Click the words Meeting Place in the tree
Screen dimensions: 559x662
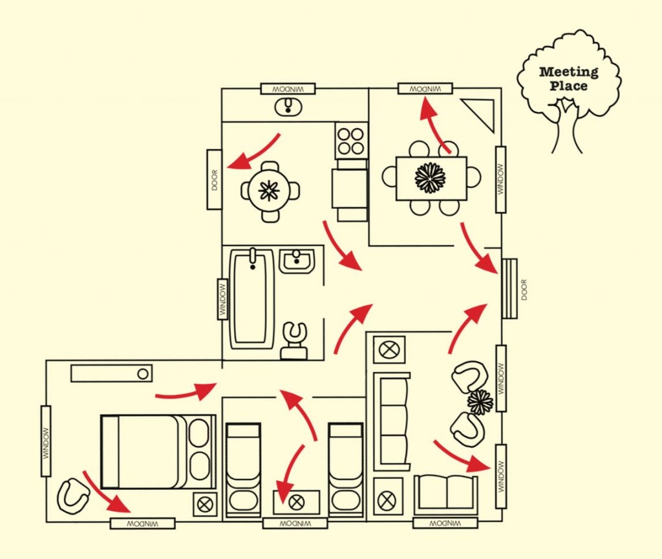[x=568, y=78]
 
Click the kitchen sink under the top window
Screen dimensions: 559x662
[x=288, y=107]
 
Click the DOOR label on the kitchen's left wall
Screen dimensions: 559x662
[x=215, y=180]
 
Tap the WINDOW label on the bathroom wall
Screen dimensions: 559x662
[x=222, y=299]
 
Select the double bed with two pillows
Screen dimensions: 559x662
[x=158, y=452]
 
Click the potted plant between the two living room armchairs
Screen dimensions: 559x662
[x=480, y=402]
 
